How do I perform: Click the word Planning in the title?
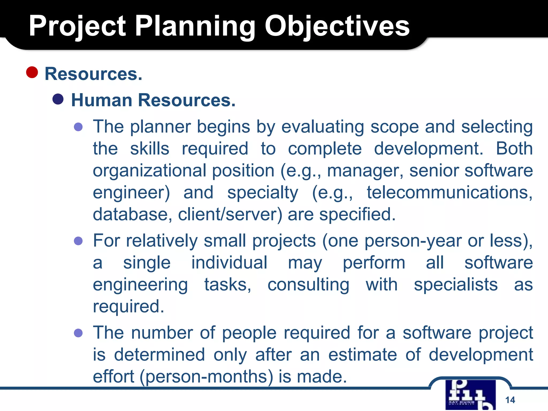(x=195, y=26)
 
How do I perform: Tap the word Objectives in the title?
(x=337, y=26)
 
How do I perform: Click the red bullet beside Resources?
(x=32, y=72)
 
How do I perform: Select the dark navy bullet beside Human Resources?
(x=58, y=99)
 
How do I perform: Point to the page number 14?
(x=510, y=400)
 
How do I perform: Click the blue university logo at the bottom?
(x=470, y=395)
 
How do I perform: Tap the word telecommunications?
(x=449, y=192)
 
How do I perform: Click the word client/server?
(x=230, y=214)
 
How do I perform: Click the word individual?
(x=229, y=262)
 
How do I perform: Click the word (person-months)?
(x=206, y=376)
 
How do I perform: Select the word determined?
(x=159, y=355)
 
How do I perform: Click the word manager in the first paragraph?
(x=365, y=171)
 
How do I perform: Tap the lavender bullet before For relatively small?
(x=78, y=241)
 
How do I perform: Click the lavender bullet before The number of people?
(x=78, y=333)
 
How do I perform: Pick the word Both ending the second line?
(x=514, y=149)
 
